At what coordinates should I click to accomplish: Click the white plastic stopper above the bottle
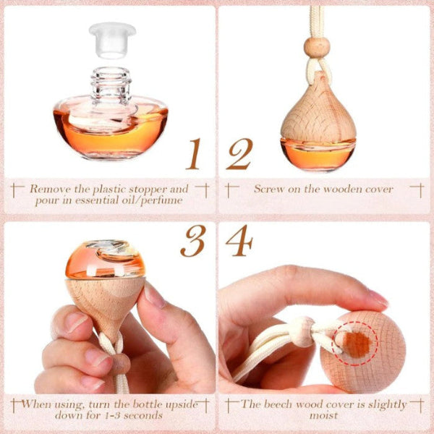click(112, 40)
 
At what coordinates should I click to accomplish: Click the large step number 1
click(194, 154)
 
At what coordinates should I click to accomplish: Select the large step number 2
click(239, 154)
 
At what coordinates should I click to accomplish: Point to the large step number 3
click(193, 241)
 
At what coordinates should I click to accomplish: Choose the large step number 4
click(239, 241)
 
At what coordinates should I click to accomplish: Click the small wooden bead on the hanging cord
click(317, 48)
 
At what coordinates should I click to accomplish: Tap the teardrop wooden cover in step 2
click(318, 109)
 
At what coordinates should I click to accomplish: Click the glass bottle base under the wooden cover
click(318, 155)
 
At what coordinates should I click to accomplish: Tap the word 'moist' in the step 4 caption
click(324, 416)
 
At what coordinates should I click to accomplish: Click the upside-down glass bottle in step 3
click(105, 260)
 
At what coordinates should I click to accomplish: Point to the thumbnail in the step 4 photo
click(378, 298)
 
